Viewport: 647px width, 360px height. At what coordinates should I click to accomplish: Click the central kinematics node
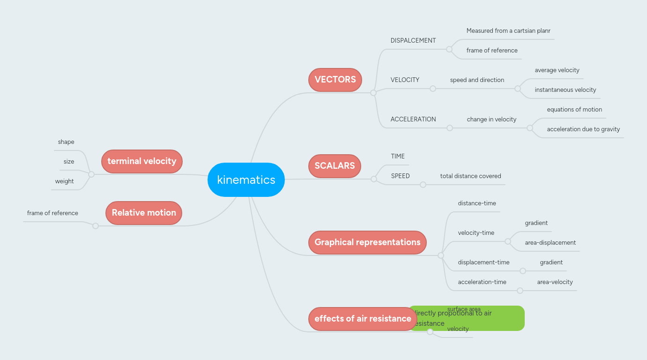[x=246, y=180]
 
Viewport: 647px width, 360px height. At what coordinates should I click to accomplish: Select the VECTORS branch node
[x=335, y=80]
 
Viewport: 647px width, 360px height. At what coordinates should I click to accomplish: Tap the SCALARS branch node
[x=335, y=166]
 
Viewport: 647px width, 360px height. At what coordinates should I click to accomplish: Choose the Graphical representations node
[x=367, y=242]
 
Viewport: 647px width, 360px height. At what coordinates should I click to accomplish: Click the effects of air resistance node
[x=363, y=319]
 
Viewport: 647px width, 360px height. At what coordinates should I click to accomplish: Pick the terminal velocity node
[x=141, y=161]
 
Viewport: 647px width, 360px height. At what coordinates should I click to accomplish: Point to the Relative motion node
[x=144, y=213]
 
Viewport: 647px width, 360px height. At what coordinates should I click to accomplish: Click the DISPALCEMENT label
[x=413, y=41]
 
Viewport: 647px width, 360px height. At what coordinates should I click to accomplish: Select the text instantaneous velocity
[x=565, y=90]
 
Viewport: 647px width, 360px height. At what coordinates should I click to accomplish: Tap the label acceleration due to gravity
[x=583, y=129]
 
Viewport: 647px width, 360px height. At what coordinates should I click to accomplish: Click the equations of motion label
[x=574, y=110]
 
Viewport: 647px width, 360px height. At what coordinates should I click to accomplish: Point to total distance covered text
[x=470, y=176]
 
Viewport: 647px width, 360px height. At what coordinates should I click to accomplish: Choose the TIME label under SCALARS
[x=398, y=157]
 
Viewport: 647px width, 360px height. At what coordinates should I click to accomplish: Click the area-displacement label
[x=550, y=243]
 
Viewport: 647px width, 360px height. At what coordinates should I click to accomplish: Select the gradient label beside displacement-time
[x=551, y=262]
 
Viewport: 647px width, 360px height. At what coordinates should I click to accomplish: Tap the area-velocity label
[x=555, y=282]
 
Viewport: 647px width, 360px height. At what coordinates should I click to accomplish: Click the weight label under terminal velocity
[x=64, y=181]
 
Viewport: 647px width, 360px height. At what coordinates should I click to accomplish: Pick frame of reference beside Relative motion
[x=52, y=213]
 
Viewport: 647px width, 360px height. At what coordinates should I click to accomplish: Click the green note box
[x=501, y=319]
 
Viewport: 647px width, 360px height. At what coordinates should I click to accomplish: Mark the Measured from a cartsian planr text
[x=508, y=31]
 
